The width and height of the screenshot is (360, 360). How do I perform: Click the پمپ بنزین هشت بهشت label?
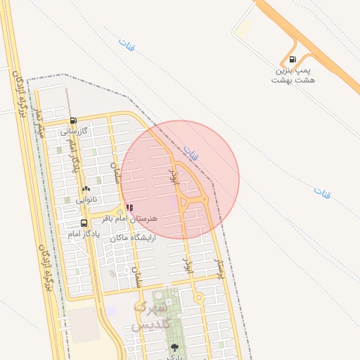click(x=293, y=75)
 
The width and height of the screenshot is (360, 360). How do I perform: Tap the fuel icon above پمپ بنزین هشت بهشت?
click(x=292, y=60)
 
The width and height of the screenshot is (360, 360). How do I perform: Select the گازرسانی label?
click(x=73, y=131)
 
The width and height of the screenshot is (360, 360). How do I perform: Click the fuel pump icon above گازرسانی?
click(x=73, y=120)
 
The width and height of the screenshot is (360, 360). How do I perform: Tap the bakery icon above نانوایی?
click(x=86, y=188)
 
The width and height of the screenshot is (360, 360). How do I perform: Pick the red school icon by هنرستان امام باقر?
click(x=129, y=207)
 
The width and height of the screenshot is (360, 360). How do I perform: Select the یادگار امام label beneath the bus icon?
click(x=84, y=233)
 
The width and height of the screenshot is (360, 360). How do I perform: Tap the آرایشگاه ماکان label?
click(x=131, y=238)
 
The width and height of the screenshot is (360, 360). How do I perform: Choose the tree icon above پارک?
click(x=174, y=347)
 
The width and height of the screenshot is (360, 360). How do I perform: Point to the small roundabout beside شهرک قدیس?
click(x=200, y=298)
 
